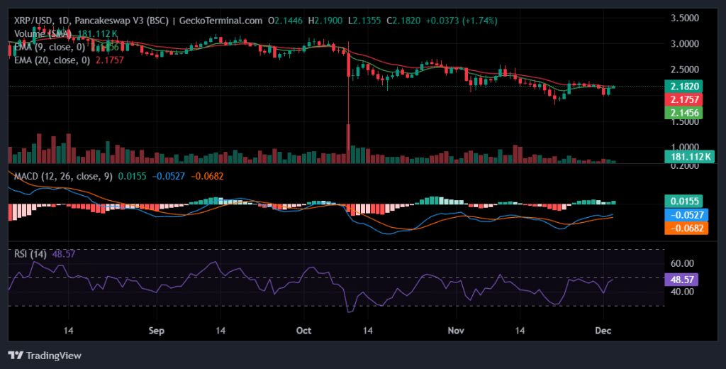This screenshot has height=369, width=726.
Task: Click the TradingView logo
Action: (45, 355)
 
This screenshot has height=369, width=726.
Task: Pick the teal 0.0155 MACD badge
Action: (681, 201)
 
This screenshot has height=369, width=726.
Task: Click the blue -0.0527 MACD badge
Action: (681, 214)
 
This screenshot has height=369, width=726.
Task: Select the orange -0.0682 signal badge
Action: (681, 228)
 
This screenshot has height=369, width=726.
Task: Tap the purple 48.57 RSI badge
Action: (681, 280)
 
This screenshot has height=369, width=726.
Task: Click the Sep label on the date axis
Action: (157, 331)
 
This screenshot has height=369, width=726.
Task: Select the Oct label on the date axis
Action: (304, 331)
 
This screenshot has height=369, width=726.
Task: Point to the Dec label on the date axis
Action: (604, 331)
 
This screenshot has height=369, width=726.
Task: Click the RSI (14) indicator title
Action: (29, 253)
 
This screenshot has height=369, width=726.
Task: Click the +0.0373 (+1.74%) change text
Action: (462, 21)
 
